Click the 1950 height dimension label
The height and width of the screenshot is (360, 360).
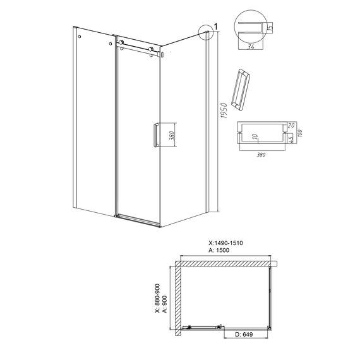[x=224, y=111]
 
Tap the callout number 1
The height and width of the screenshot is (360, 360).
[x=215, y=27]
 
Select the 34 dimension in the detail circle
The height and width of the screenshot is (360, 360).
[x=251, y=47]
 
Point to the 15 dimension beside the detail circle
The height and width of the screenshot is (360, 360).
[x=270, y=28]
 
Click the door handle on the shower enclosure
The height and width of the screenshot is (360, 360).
[x=156, y=135]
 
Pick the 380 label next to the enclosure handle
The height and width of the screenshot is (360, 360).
[x=173, y=135]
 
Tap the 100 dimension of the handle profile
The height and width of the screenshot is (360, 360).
[x=300, y=133]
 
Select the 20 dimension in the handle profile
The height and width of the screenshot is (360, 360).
[x=291, y=126]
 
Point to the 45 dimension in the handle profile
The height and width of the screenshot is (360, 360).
[x=291, y=138]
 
